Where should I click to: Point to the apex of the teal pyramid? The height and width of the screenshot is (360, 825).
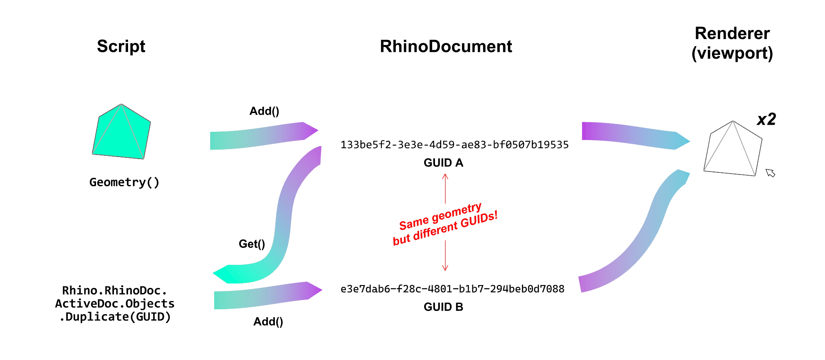(121, 104)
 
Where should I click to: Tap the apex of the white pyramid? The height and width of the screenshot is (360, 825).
(733, 121)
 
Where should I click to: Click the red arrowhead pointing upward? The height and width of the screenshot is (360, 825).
(445, 176)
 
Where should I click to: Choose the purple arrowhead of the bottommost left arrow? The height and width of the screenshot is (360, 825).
(314, 290)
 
